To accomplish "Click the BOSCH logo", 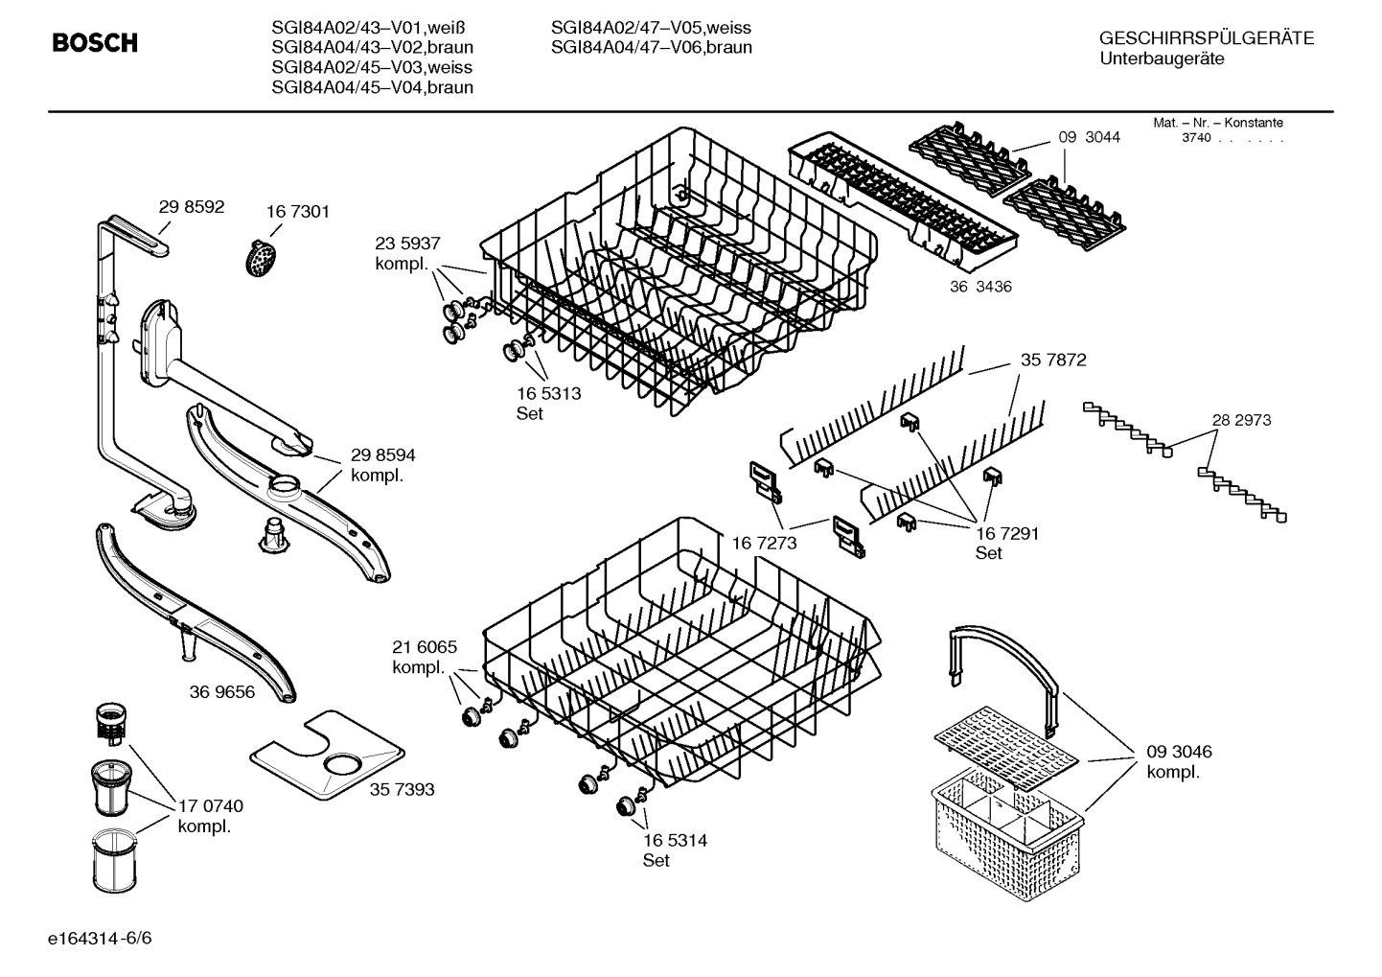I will click(x=95, y=43).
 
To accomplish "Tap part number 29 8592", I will click(x=192, y=207).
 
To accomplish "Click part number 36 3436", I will click(x=979, y=287).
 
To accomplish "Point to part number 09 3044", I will click(x=1089, y=137).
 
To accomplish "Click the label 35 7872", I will click(x=1053, y=361).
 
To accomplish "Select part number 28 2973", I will click(x=1241, y=420).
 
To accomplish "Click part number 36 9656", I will click(x=222, y=691).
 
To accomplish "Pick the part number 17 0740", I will click(x=211, y=806).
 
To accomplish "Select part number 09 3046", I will click(x=1179, y=752).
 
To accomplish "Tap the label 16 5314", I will click(x=675, y=841).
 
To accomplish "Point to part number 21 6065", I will click(x=425, y=647).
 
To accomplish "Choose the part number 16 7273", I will click(x=764, y=544).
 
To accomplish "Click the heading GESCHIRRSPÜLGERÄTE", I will click(x=1206, y=38).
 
